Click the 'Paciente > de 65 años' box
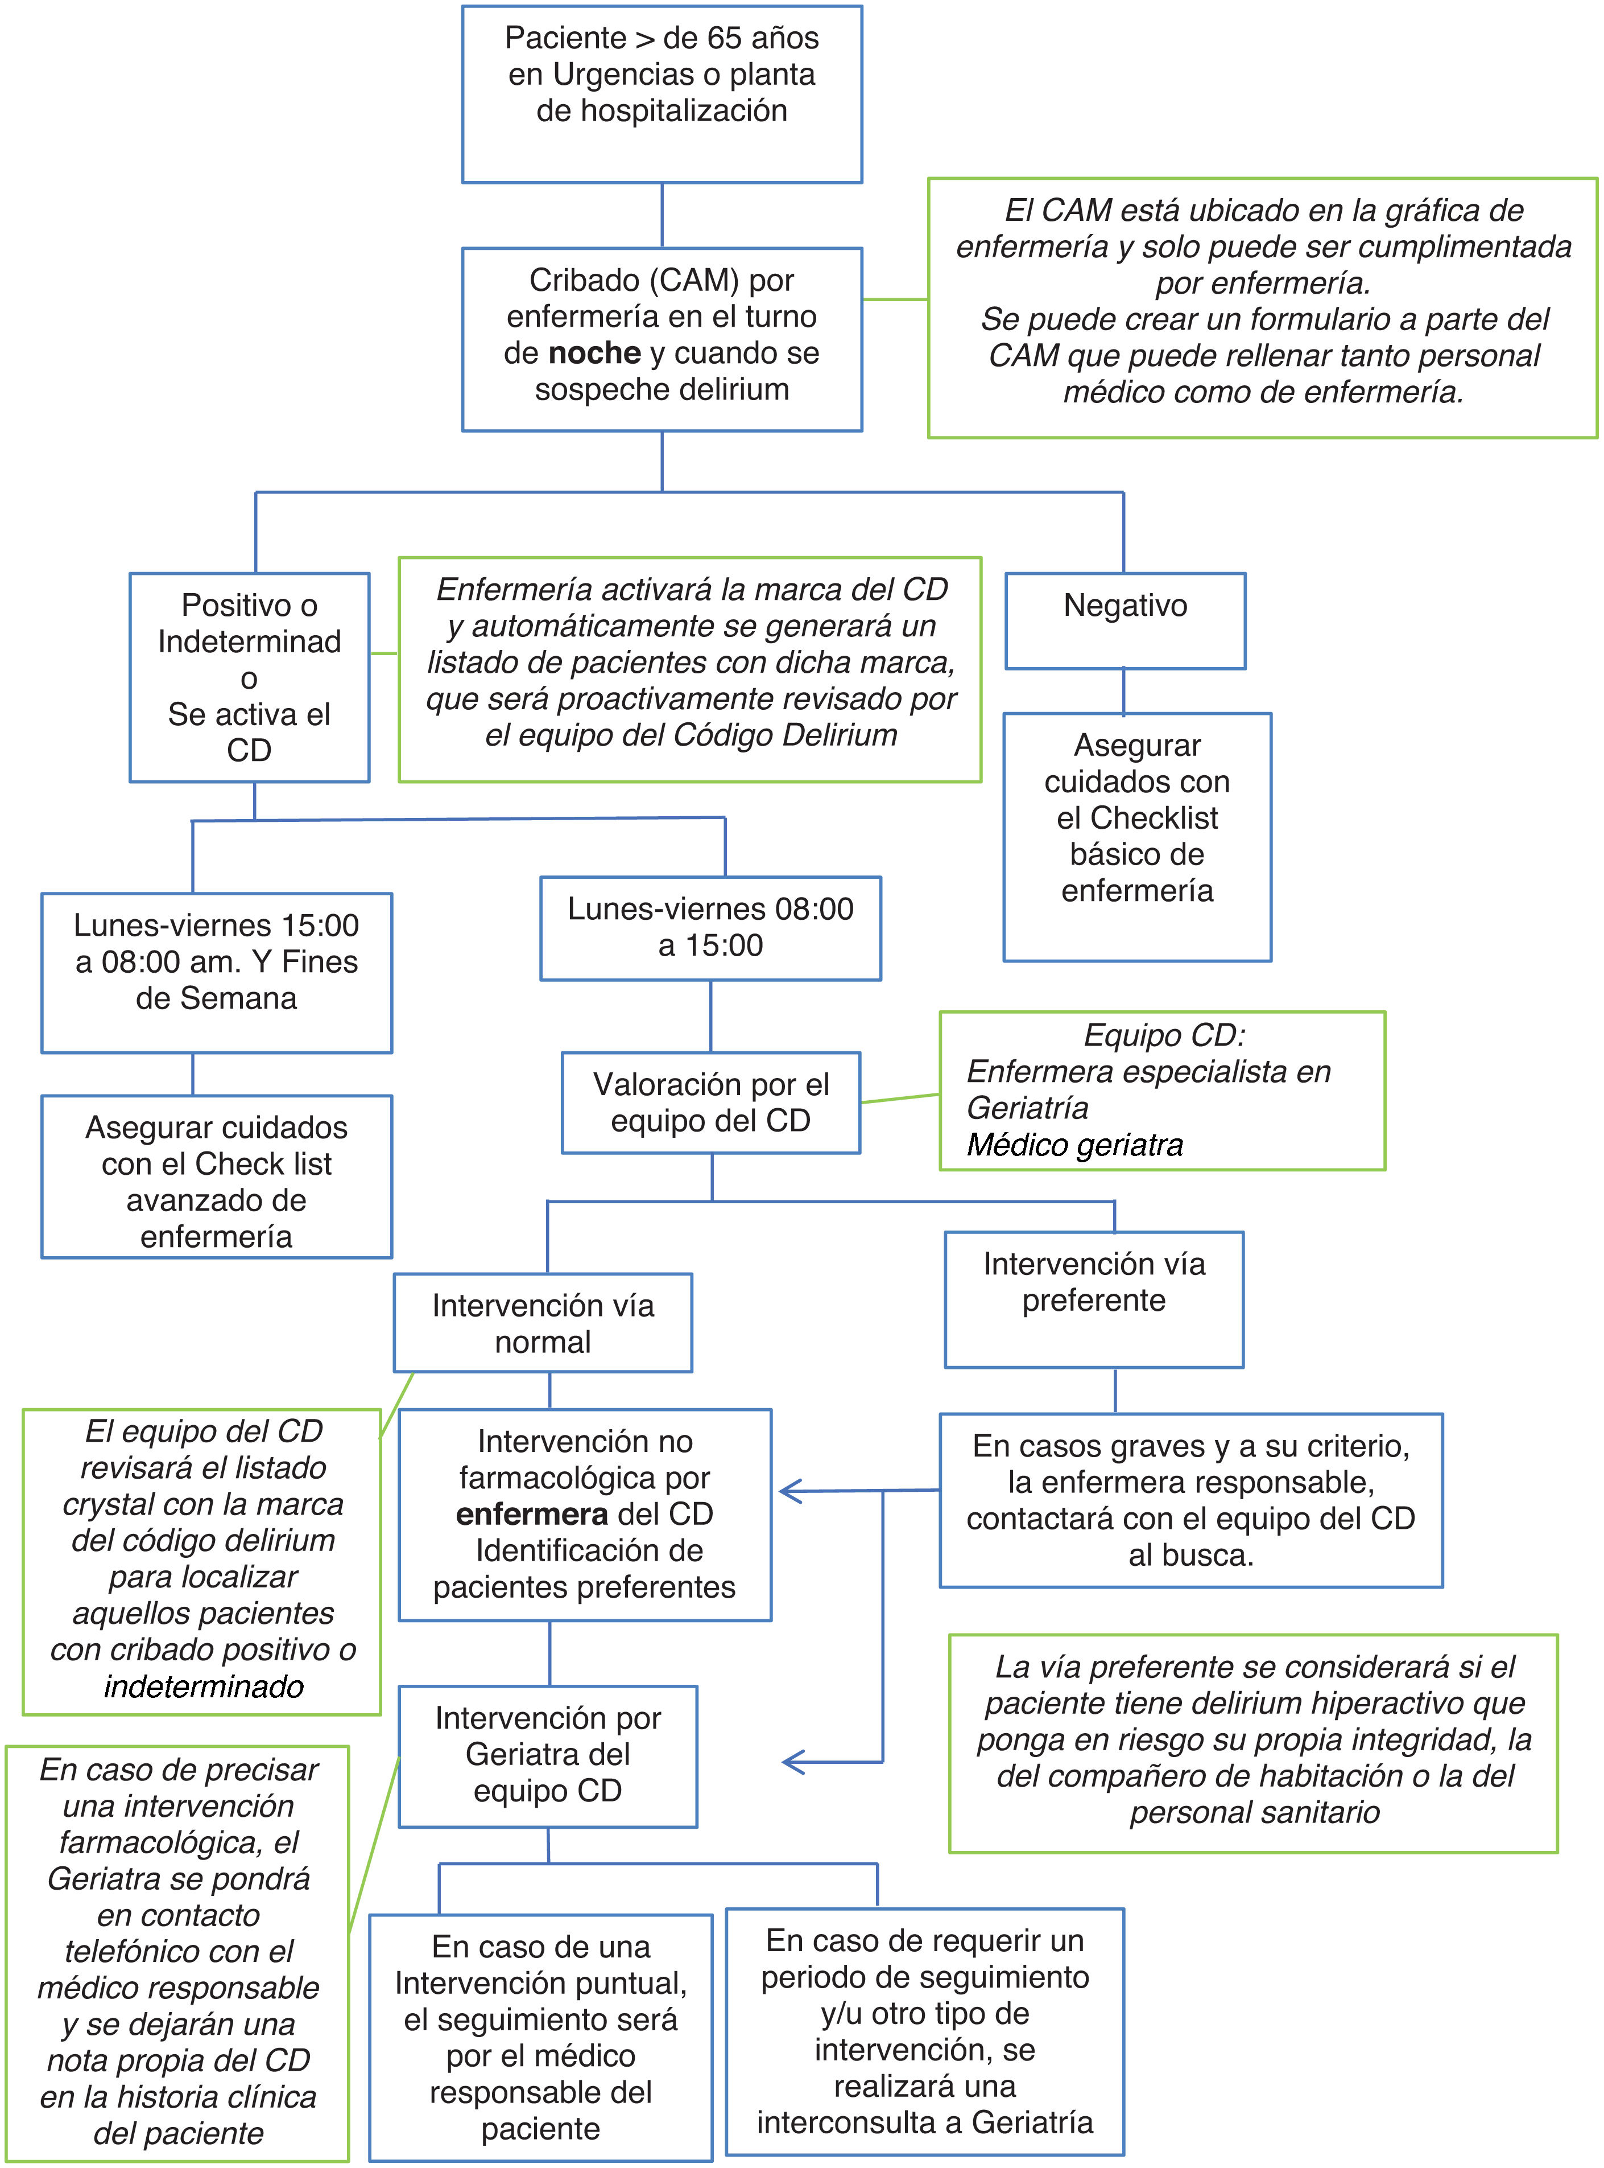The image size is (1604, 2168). (661, 94)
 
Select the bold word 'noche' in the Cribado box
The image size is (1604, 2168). (594, 352)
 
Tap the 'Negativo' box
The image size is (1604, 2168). (1125, 620)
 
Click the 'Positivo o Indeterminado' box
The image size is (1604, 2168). (250, 676)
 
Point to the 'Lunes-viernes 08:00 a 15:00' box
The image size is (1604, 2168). (710, 928)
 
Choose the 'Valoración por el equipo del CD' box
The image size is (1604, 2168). (711, 1102)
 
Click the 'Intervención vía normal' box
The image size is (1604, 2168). (543, 1323)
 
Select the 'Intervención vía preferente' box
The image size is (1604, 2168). (1093, 1299)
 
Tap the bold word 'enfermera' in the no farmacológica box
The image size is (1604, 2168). (532, 1514)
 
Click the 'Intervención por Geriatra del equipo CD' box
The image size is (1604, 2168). (548, 1755)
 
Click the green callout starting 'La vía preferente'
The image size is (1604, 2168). (1252, 1743)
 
